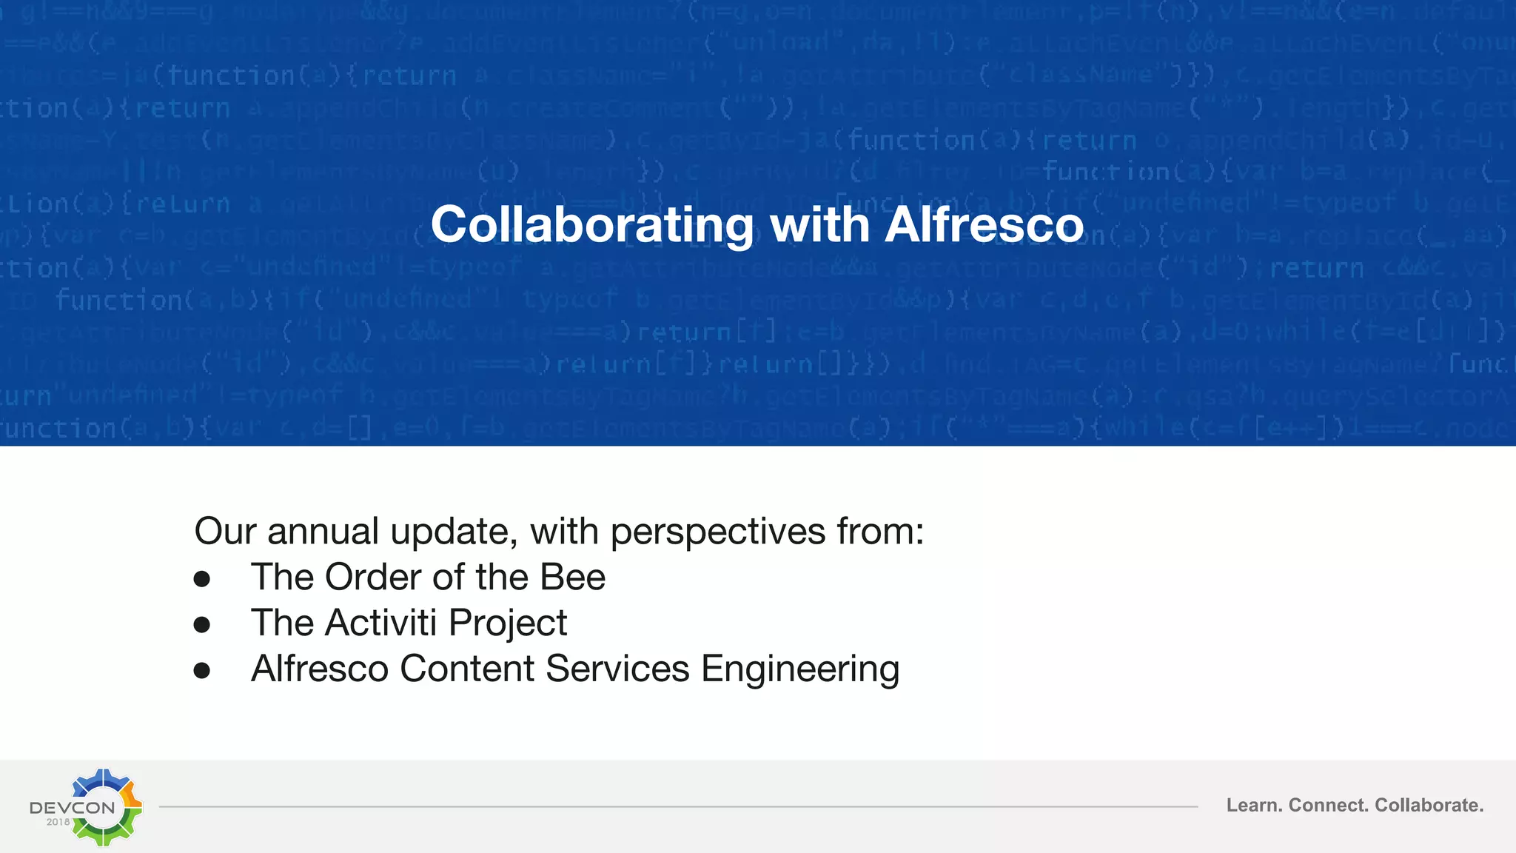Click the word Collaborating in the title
pyautogui.click(x=592, y=224)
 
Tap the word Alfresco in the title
pyautogui.click(x=984, y=224)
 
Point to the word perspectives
pyautogui.click(x=717, y=532)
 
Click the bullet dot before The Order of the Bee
pyautogui.click(x=201, y=579)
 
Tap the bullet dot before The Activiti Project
pyautogui.click(x=201, y=625)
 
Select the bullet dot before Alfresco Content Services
pyautogui.click(x=201, y=671)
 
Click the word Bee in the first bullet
pyautogui.click(x=572, y=578)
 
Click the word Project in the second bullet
pyautogui.click(x=508, y=623)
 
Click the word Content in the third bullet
pyautogui.click(x=467, y=669)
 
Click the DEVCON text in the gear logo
pyautogui.click(x=73, y=807)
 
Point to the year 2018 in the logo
pyautogui.click(x=58, y=822)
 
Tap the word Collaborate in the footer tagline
pyautogui.click(x=1429, y=806)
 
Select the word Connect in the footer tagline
pyautogui.click(x=1329, y=806)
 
